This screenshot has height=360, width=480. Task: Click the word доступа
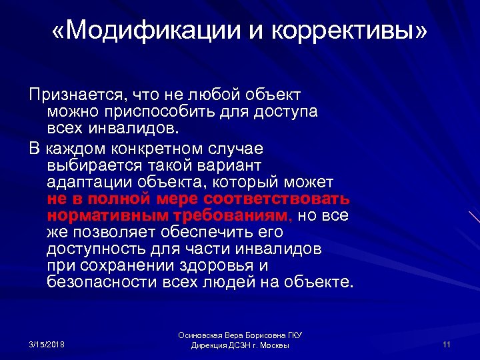point(285,111)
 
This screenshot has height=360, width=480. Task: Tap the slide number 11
point(447,343)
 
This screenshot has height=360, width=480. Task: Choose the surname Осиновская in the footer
point(200,337)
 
